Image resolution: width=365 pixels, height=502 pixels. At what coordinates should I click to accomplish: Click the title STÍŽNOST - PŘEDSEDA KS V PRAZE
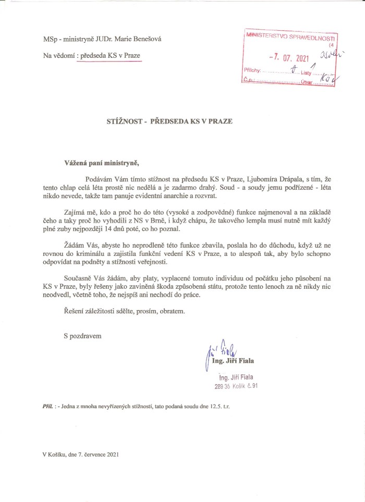tap(166, 121)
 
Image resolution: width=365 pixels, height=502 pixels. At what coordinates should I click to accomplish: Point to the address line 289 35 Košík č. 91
tap(236, 386)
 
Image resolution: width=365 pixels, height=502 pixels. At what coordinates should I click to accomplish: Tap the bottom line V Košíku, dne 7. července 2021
tap(81, 455)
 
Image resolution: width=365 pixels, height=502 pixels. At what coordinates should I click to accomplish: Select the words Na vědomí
tap(57, 55)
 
